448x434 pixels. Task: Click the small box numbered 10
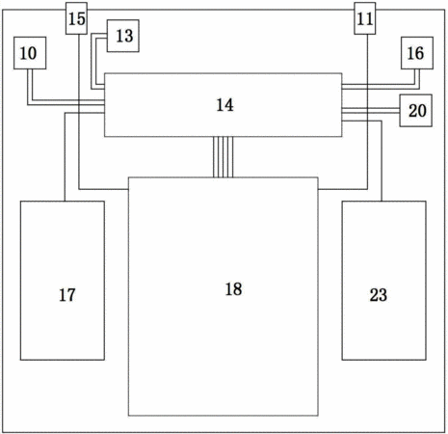pyautogui.click(x=30, y=53)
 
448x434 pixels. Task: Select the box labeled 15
pyautogui.click(x=76, y=18)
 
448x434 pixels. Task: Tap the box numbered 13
pyautogui.click(x=123, y=36)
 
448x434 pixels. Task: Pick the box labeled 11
pyautogui.click(x=365, y=18)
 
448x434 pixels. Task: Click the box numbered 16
pyautogui.click(x=417, y=53)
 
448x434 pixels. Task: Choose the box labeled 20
pyautogui.click(x=415, y=110)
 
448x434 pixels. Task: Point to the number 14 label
pyautogui.click(x=224, y=105)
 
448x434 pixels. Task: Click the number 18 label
pyautogui.click(x=233, y=289)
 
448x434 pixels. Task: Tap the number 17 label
pyautogui.click(x=67, y=295)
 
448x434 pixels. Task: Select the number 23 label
pyautogui.click(x=379, y=295)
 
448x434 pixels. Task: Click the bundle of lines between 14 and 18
pyautogui.click(x=224, y=157)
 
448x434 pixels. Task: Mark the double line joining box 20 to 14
pyautogui.click(x=371, y=110)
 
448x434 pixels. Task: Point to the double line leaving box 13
pyautogui.click(x=93, y=61)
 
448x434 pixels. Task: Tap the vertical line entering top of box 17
pyautogui.click(x=65, y=156)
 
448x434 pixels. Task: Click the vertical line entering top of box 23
pyautogui.click(x=382, y=161)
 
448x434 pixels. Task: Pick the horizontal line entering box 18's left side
pyautogui.click(x=104, y=189)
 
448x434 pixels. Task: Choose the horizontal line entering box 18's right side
pyautogui.click(x=343, y=189)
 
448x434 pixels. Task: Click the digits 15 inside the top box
pyautogui.click(x=76, y=18)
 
